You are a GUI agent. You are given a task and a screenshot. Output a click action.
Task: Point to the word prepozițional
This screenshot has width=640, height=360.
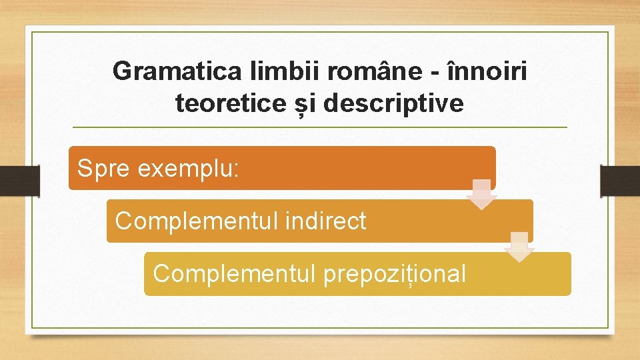point(394,273)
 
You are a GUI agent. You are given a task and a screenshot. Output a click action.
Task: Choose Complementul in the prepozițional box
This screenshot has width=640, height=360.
point(235,273)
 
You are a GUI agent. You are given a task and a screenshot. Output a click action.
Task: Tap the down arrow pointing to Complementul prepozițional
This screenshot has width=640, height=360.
point(519,247)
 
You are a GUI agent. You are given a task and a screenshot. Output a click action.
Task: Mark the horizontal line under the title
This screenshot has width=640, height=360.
point(320,127)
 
